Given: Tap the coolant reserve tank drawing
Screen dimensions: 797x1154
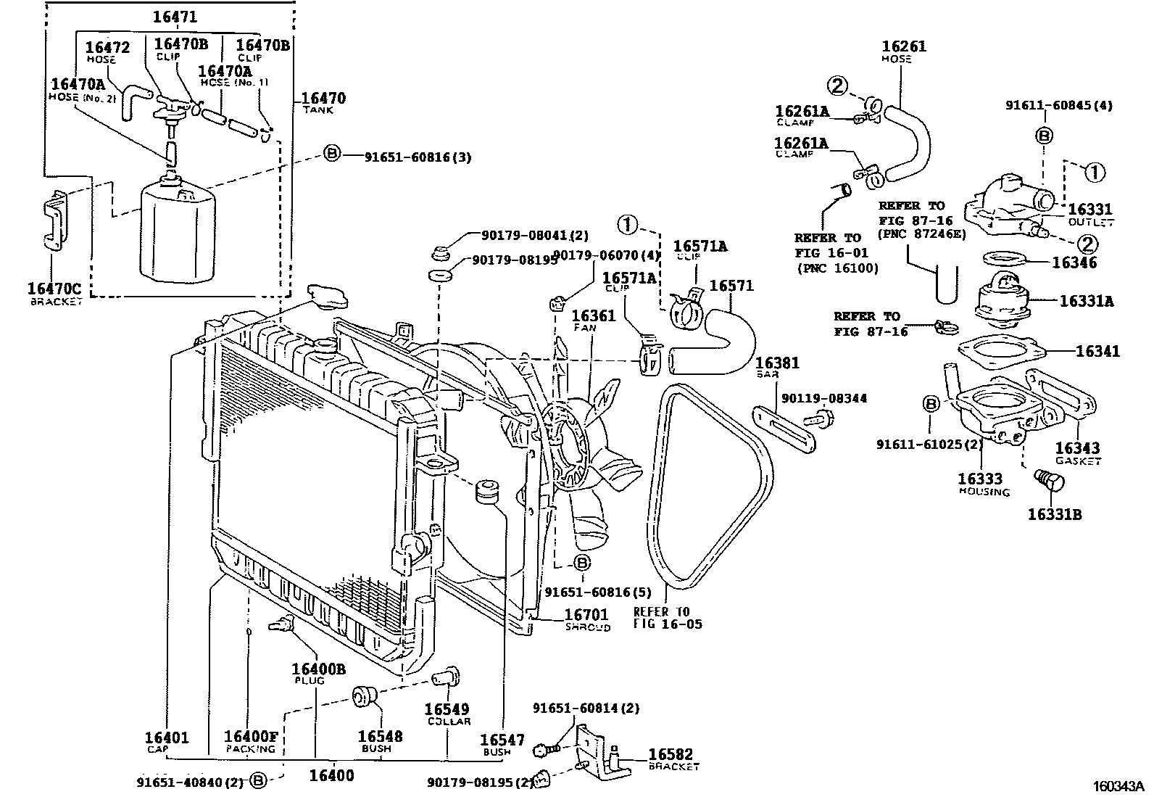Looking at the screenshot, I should [177, 231].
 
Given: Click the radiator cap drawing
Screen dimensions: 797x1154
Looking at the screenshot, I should [328, 297].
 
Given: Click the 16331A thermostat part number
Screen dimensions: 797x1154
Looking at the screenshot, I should [1086, 300].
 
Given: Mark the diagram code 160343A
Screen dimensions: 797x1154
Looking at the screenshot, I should [1118, 785].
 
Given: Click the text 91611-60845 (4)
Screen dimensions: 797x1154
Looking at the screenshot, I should [1058, 105].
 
